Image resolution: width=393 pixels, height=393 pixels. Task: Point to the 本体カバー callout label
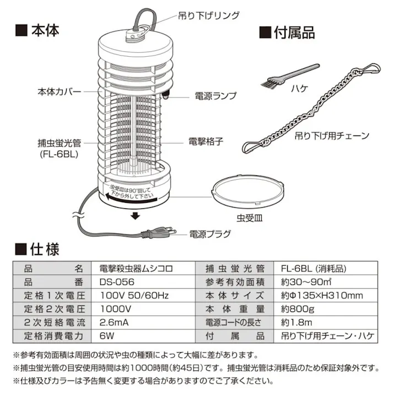[x=59, y=91]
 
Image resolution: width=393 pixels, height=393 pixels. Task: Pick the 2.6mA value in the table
[x=114, y=322]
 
